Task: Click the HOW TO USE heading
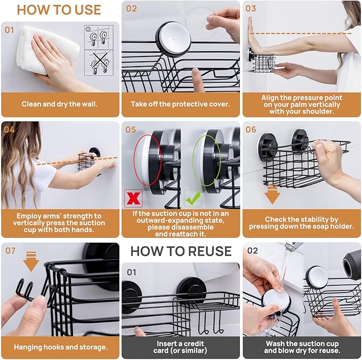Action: click(x=59, y=10)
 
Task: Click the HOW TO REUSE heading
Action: click(x=181, y=251)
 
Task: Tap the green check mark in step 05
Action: click(x=192, y=198)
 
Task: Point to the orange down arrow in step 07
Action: click(x=31, y=262)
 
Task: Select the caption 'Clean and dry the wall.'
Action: click(x=60, y=105)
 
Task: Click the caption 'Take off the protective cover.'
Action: click(x=181, y=105)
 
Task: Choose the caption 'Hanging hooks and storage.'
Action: click(x=60, y=347)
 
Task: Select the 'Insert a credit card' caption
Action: click(x=181, y=347)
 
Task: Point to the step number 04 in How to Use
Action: click(x=10, y=130)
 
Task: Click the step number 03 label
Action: click(x=251, y=9)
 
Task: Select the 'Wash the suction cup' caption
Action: click(x=301, y=347)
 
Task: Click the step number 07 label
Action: click(x=11, y=250)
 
